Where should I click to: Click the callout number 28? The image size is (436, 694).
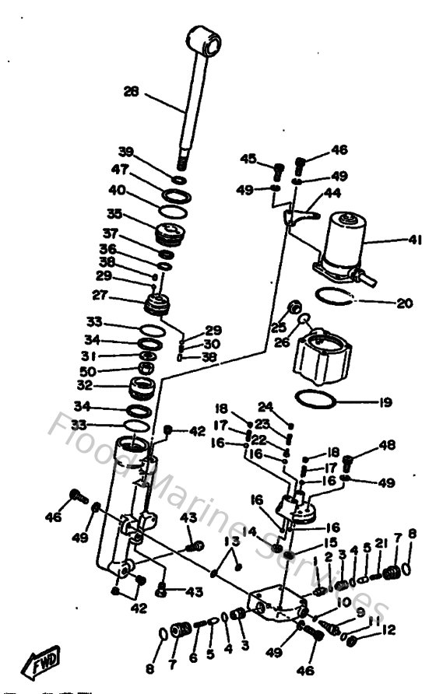(132, 93)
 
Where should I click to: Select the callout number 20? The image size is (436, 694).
(404, 303)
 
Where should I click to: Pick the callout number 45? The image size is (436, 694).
(248, 159)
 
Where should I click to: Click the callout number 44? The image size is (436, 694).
(332, 191)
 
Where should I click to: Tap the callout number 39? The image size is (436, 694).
(126, 151)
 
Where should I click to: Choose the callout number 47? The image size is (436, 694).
(119, 169)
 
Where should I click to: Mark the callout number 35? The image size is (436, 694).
(114, 212)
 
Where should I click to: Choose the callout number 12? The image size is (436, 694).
(389, 629)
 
